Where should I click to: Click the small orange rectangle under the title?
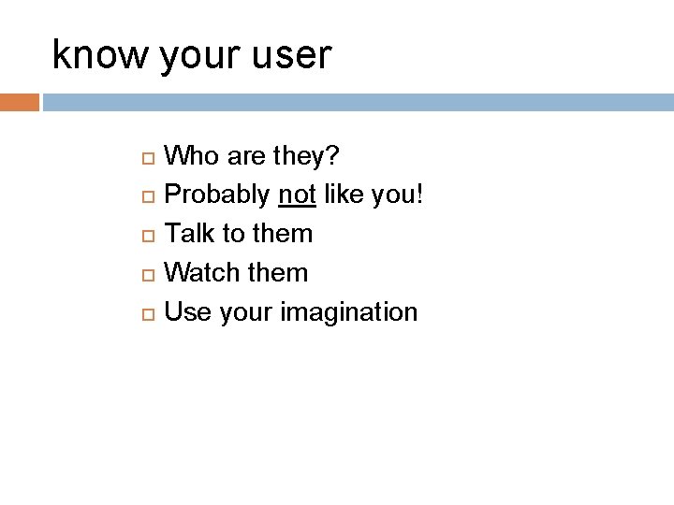click(19, 102)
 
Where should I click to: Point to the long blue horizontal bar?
click(358, 102)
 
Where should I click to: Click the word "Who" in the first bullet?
click(192, 154)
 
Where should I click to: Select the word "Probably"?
click(217, 195)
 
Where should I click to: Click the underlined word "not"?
click(297, 194)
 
